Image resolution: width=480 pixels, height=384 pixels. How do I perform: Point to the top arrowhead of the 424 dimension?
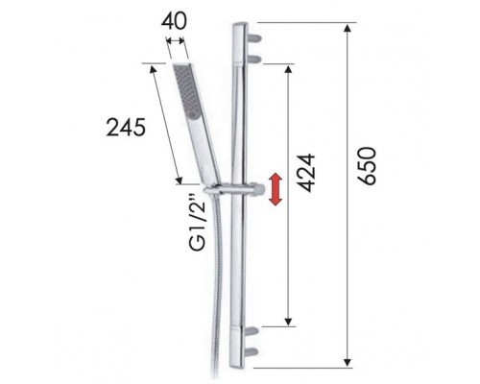point(288,67)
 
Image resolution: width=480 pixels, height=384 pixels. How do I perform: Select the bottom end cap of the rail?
point(239,365)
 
